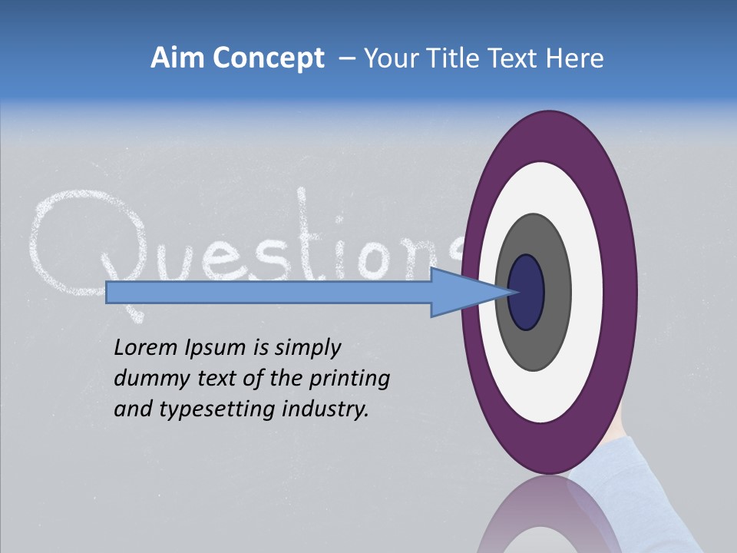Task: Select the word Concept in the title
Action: (x=269, y=59)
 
